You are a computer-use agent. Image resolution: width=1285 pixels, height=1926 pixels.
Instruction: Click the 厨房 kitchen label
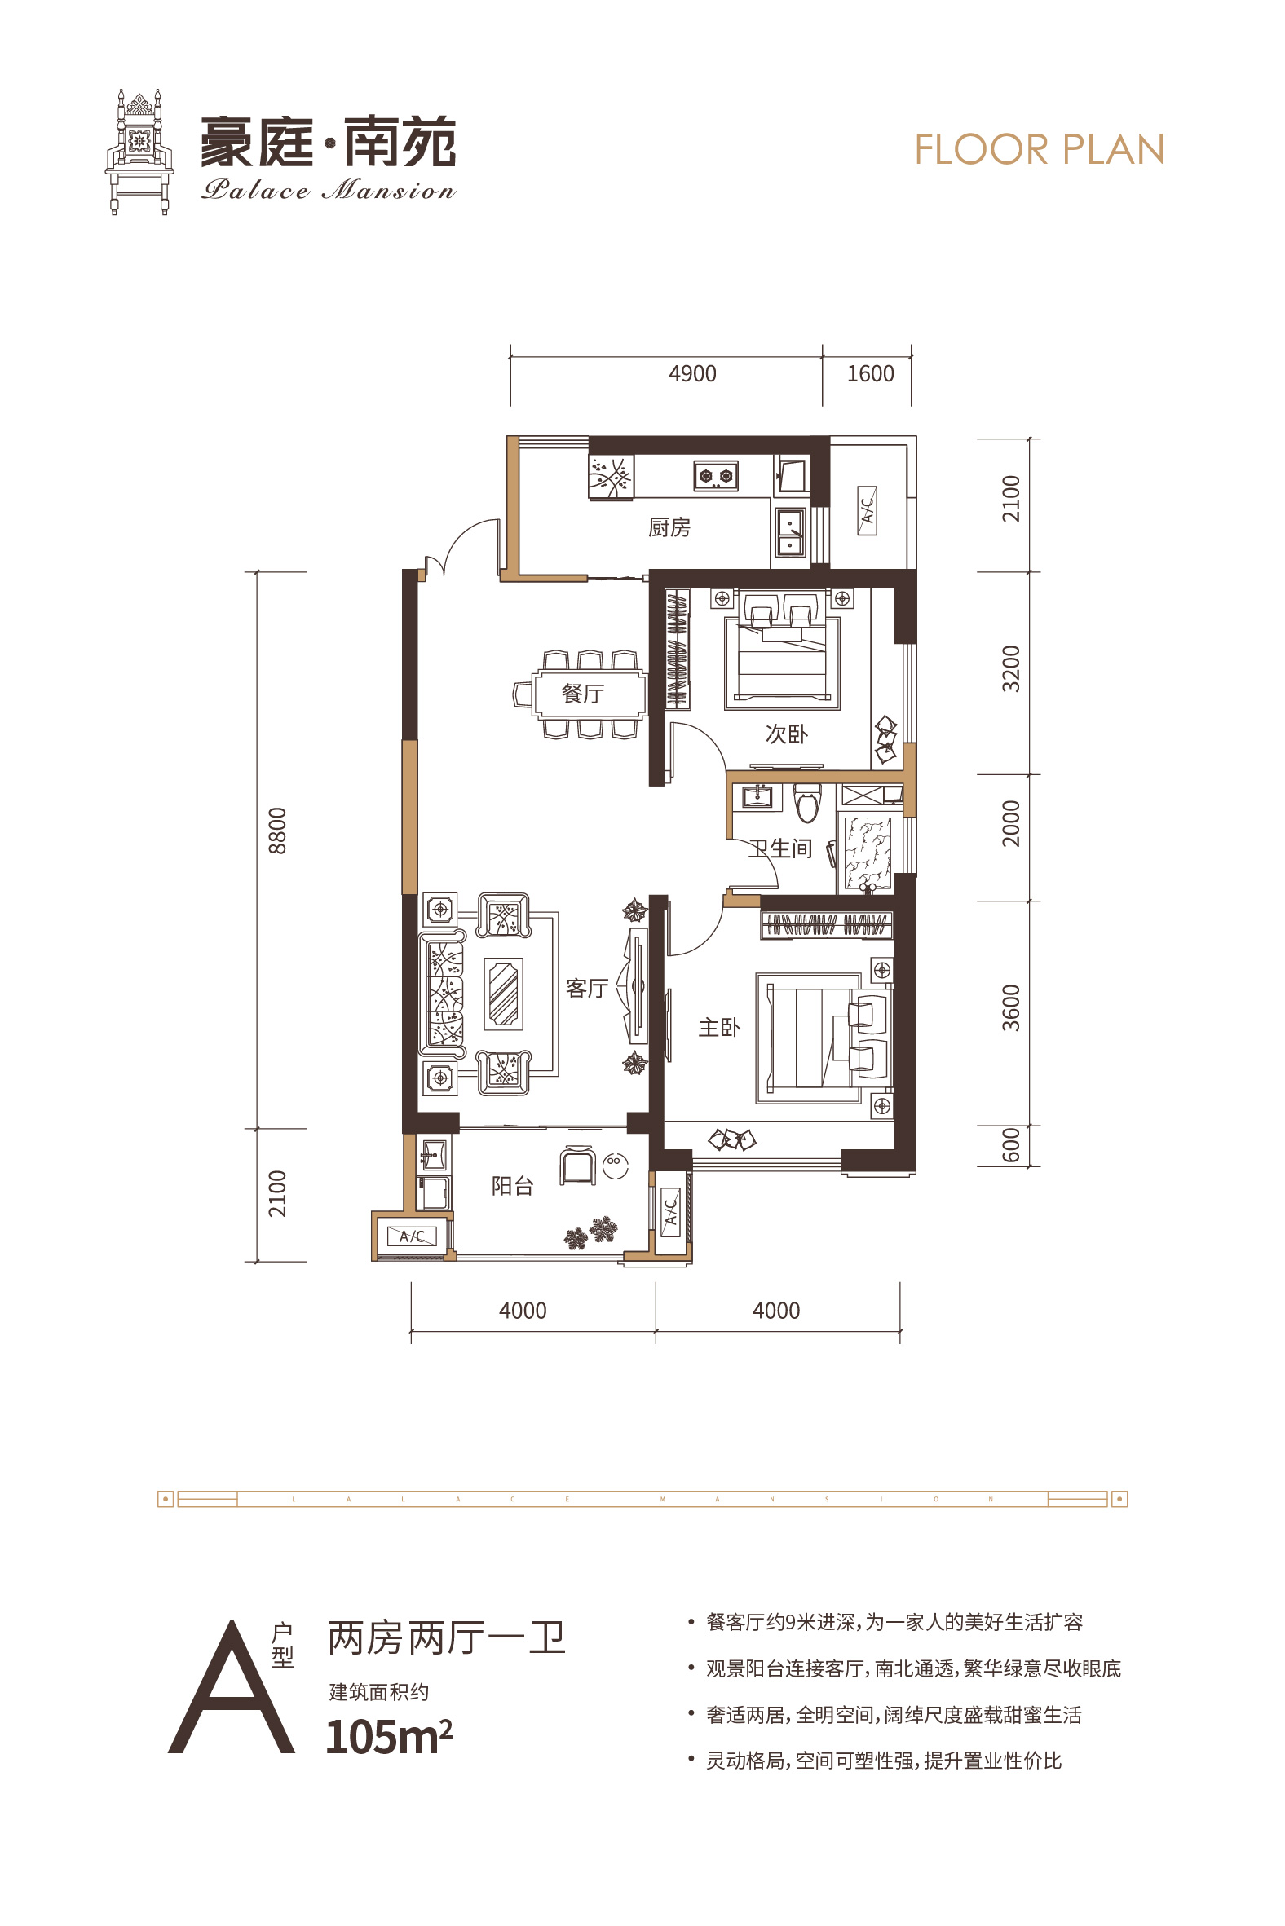click(669, 527)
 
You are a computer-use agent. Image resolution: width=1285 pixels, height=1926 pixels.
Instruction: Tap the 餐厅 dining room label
click(583, 694)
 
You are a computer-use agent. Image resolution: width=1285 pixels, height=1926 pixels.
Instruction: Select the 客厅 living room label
click(587, 988)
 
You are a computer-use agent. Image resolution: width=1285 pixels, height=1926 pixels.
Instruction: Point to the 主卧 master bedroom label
click(718, 1027)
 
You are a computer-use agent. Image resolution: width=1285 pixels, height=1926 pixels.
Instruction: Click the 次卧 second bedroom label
click(786, 734)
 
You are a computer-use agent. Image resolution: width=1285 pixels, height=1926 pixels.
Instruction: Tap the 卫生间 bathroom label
click(780, 848)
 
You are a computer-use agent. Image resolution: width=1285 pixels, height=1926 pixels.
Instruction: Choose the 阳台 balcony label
click(512, 1185)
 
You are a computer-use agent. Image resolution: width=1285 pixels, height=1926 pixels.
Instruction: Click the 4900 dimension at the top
click(692, 373)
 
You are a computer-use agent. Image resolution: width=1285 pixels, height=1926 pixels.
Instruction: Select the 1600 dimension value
click(870, 373)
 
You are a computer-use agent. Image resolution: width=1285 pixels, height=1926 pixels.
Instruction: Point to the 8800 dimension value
click(278, 831)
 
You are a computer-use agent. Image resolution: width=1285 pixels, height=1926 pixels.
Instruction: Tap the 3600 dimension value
click(1011, 1007)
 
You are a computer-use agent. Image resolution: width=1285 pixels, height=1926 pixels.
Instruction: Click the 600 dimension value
click(1011, 1144)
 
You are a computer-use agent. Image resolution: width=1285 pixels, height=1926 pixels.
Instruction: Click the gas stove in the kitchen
click(715, 475)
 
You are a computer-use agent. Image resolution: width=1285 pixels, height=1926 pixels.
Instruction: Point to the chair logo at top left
click(139, 152)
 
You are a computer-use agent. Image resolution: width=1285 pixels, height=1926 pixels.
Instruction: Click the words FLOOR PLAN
click(1039, 150)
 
